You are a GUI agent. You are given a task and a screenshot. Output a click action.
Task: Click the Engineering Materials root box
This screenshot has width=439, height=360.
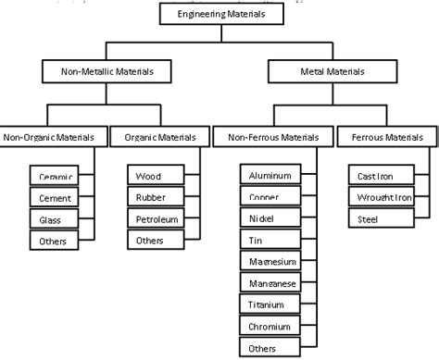click(x=219, y=14)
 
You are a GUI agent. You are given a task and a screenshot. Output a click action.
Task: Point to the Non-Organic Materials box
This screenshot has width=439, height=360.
click(x=51, y=138)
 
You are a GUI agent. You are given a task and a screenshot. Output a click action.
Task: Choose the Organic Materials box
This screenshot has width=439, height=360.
click(x=154, y=138)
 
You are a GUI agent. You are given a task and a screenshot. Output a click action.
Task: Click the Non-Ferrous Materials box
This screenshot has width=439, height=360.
click(x=267, y=138)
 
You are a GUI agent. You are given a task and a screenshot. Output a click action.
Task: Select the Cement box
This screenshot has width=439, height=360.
click(x=50, y=197)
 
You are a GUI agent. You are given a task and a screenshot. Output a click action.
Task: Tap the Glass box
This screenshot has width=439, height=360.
click(x=50, y=219)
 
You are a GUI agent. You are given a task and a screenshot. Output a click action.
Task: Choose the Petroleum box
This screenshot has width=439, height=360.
click(x=154, y=219)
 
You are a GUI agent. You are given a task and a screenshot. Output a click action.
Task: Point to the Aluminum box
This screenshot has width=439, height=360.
click(x=270, y=175)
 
